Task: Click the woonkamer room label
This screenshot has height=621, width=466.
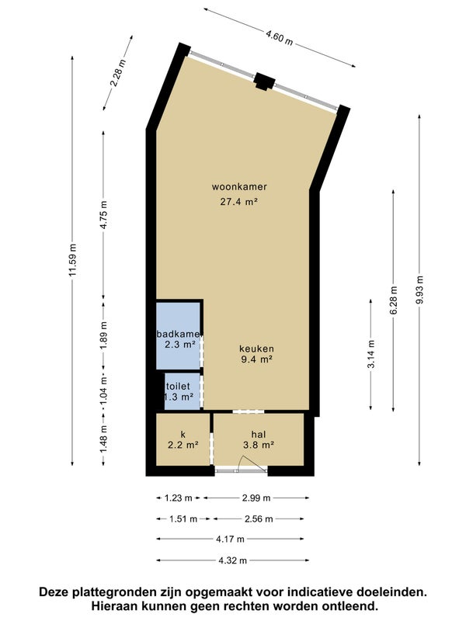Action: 239,186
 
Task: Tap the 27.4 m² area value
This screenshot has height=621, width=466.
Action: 239,202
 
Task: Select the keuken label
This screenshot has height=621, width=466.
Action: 257,349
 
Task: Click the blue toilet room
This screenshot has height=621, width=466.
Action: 182,391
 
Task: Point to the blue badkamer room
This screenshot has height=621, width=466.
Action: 178,336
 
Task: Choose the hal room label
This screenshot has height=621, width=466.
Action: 259,434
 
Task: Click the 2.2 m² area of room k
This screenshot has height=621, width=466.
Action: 183,445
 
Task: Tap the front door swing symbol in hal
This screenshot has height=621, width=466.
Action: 252,463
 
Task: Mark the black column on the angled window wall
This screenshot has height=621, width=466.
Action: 264,82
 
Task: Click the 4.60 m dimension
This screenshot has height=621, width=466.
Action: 280,38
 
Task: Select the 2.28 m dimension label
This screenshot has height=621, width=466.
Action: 118,73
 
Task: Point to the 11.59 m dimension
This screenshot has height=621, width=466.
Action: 72,261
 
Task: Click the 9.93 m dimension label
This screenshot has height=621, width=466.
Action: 419,290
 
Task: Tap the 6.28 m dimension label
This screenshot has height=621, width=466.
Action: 394,300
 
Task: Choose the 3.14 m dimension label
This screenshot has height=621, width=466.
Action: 371,354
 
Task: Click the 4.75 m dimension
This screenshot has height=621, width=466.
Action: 103,215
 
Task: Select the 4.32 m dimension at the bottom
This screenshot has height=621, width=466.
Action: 232,560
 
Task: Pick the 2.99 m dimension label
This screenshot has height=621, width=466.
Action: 256,498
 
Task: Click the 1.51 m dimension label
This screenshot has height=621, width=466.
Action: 183,519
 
